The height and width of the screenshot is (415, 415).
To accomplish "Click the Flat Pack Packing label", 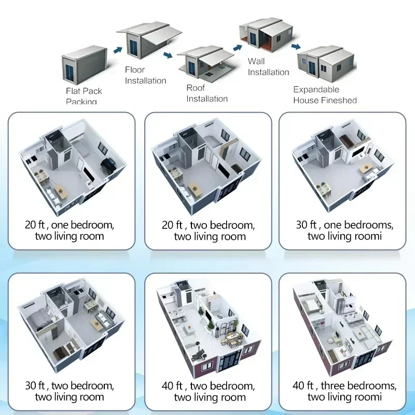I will [x=84, y=96].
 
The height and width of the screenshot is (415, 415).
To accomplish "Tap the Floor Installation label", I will [x=145, y=75].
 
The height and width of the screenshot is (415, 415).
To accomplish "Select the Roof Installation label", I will [x=207, y=93].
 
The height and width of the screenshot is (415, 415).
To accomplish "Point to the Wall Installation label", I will [x=268, y=67].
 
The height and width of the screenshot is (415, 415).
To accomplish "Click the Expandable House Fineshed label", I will [x=325, y=95].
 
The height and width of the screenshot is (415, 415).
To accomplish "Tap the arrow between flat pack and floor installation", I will [x=118, y=50].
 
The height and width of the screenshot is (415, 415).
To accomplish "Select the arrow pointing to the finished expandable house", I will [x=296, y=47].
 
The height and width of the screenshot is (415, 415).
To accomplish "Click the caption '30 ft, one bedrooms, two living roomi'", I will [x=344, y=231].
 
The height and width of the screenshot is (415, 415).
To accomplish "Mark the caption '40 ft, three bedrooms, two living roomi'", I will [x=344, y=392].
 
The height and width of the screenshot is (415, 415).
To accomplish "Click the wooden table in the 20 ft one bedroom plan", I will [x=61, y=190].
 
